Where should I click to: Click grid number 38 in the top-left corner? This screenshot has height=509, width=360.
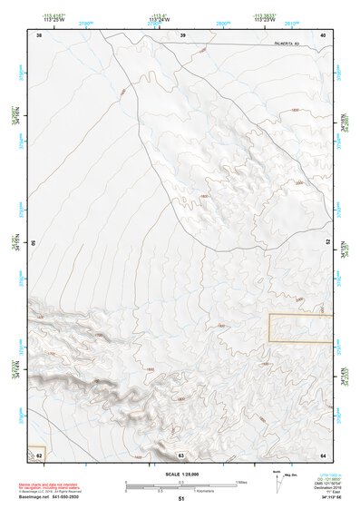point(39,34)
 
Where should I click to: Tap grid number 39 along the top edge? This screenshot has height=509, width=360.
point(182,34)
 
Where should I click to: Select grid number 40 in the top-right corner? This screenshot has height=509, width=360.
point(323,34)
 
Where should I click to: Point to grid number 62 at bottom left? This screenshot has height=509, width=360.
point(39,455)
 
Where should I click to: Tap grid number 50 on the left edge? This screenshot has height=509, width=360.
point(34,243)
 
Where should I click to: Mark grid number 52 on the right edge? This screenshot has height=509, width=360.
point(328,243)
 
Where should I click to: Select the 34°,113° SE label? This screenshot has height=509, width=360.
point(323,498)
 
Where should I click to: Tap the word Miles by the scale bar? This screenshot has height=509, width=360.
point(241,482)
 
